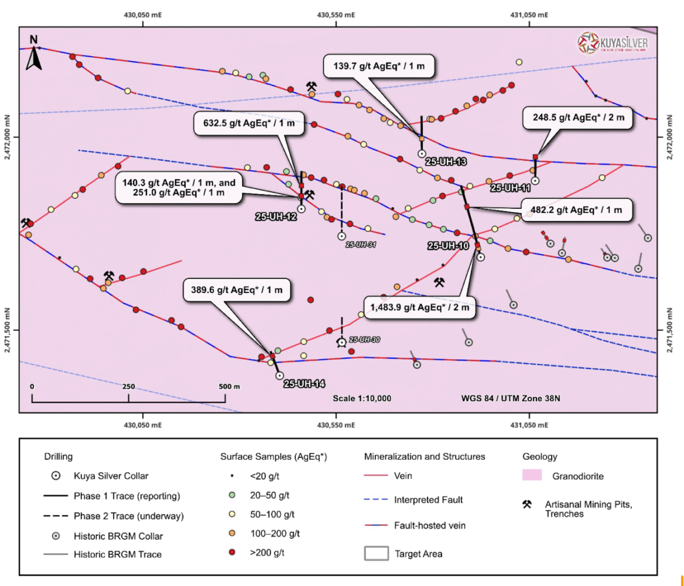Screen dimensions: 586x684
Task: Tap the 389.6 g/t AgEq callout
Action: (x=237, y=290)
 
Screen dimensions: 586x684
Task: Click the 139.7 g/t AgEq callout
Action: (x=379, y=65)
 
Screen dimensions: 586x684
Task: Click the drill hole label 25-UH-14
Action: (x=305, y=384)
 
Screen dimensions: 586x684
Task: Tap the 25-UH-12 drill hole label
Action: (x=275, y=217)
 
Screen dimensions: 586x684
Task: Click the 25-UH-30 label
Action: (x=365, y=340)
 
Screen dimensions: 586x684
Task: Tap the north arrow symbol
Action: (x=34, y=53)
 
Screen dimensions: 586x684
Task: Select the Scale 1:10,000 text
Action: (x=362, y=398)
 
